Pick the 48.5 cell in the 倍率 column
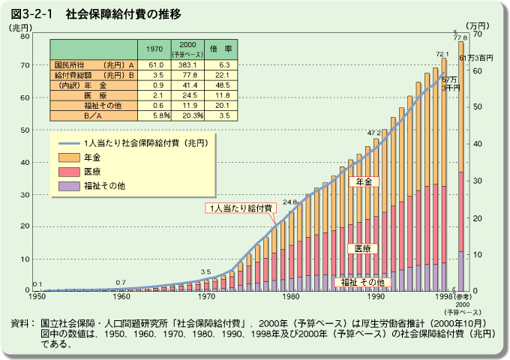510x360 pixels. coord(223,85)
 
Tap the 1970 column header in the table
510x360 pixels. coord(154,49)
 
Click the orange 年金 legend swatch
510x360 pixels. coord(69,157)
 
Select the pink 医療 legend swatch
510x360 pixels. coord(69,172)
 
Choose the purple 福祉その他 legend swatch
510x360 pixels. coord(69,185)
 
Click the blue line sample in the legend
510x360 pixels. coord(69,142)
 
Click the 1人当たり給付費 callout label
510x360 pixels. coord(242,207)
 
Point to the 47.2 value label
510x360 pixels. coord(373,133)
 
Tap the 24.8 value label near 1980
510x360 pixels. coord(290,202)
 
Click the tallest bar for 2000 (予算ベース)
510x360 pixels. coord(460,165)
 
